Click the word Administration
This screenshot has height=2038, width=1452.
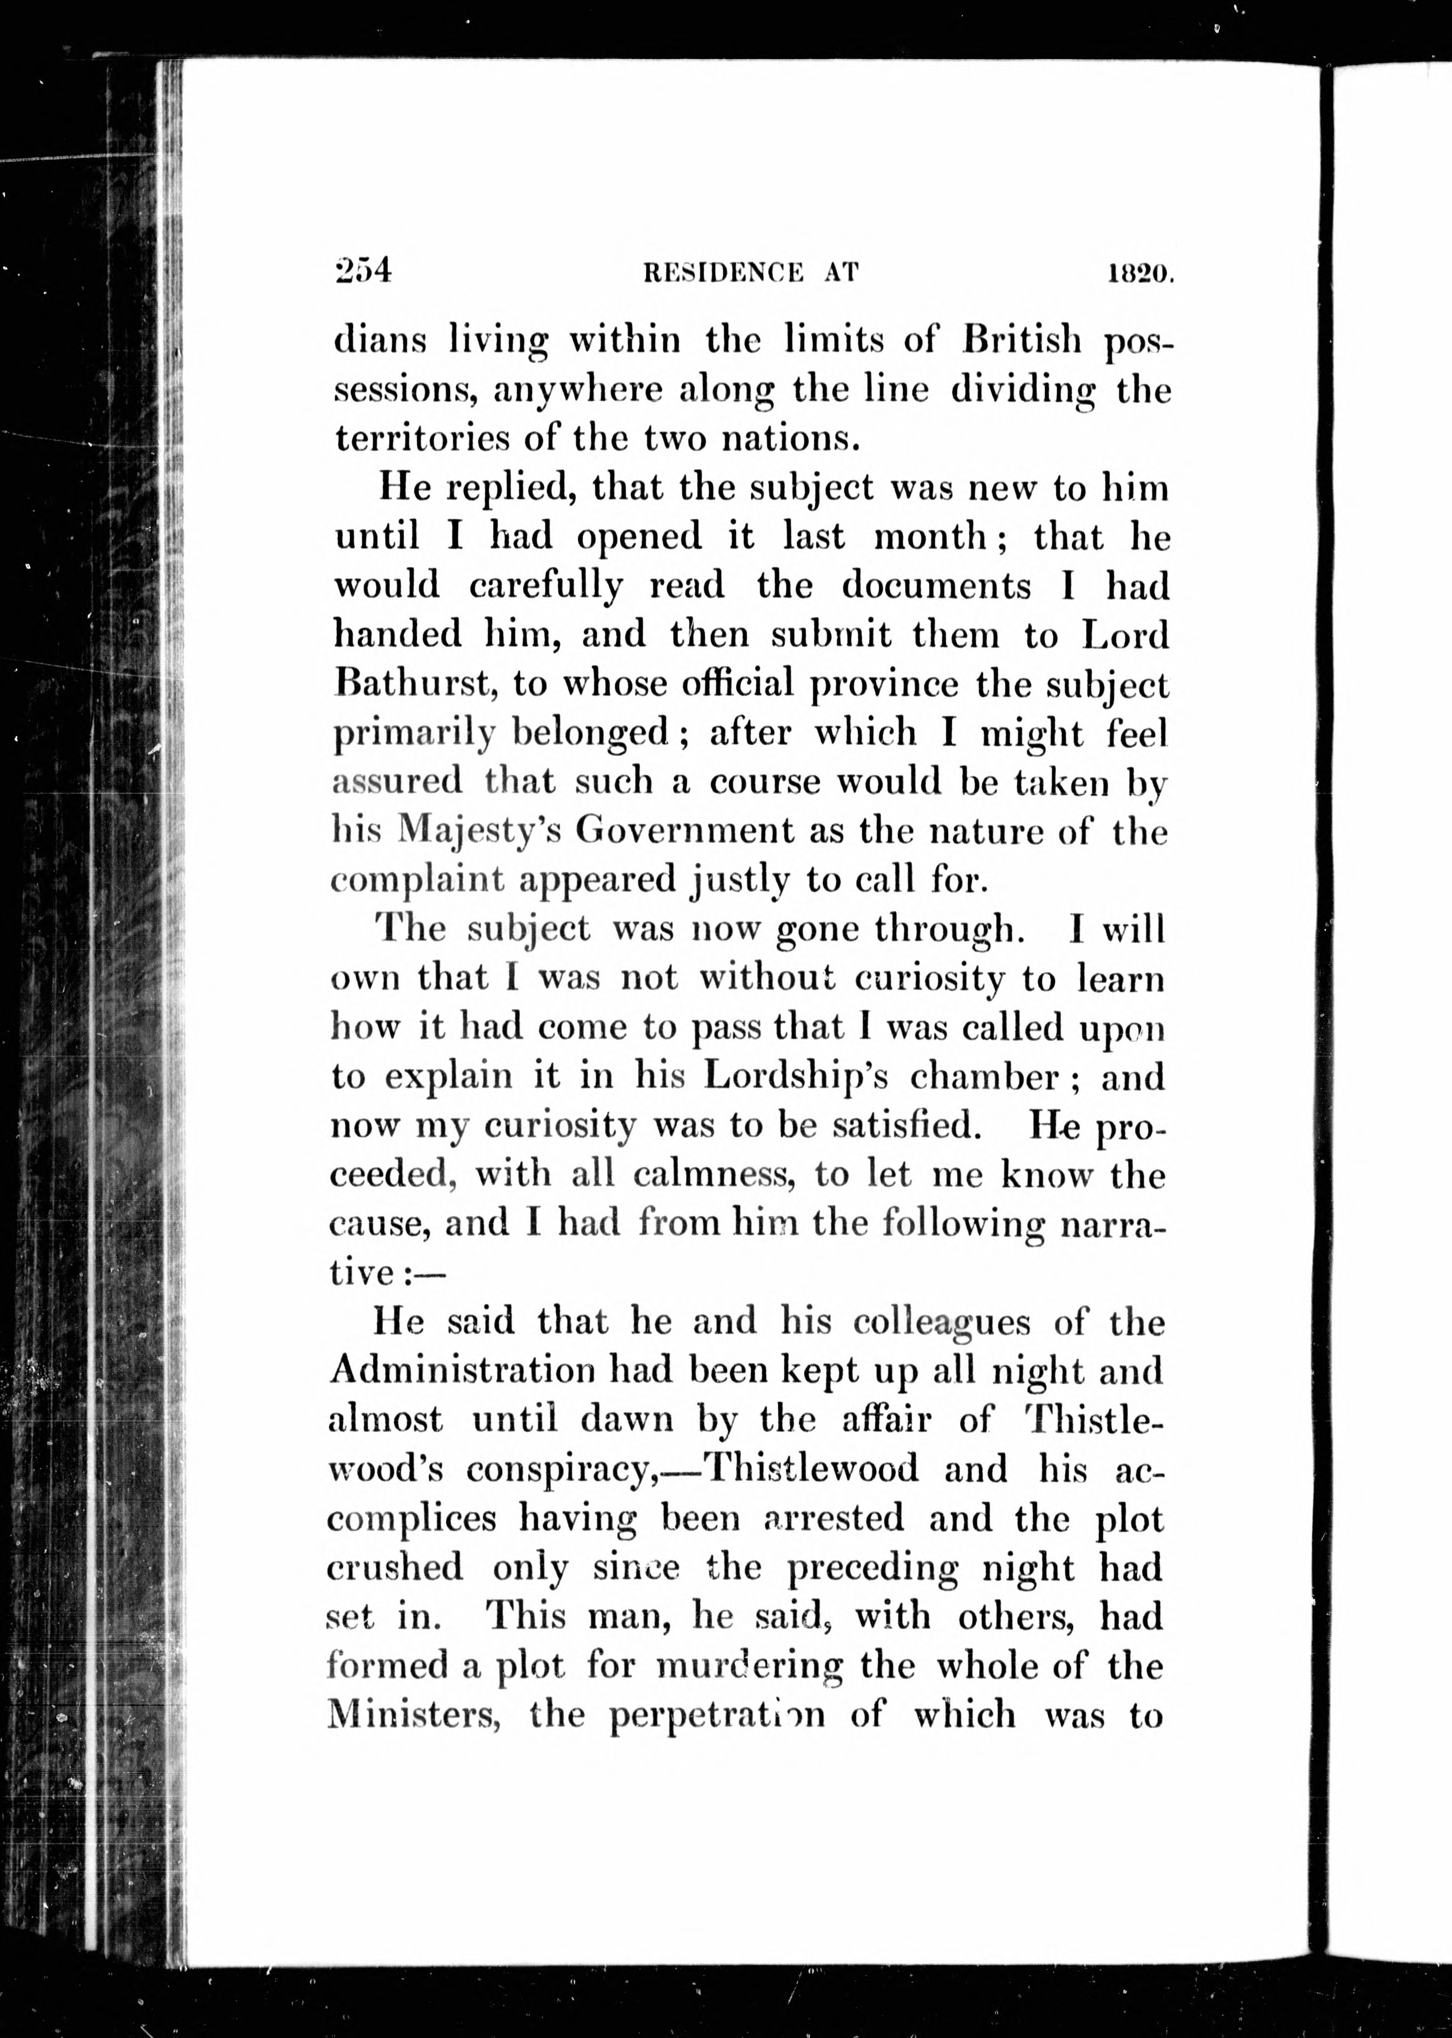click(462, 1371)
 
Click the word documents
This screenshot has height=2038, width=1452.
click(935, 586)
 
